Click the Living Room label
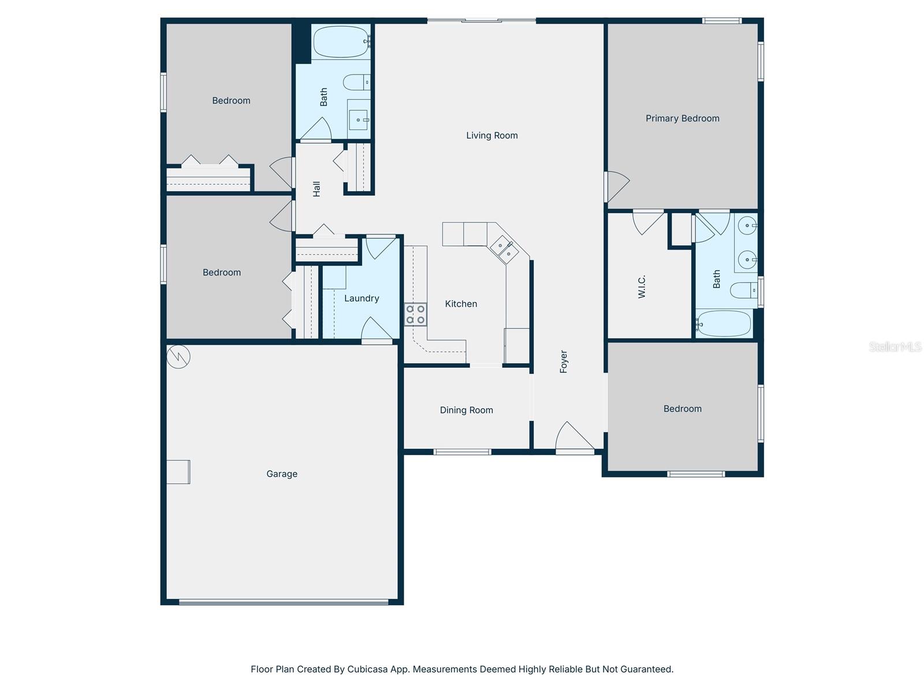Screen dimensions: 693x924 pyautogui.click(x=492, y=136)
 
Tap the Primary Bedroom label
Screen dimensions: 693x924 pyautogui.click(x=682, y=118)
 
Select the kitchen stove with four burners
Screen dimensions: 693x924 pyautogui.click(x=415, y=314)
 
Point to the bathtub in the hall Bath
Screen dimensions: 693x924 pyautogui.click(x=340, y=42)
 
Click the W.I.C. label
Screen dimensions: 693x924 pyautogui.click(x=642, y=286)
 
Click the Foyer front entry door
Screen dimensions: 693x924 pyautogui.click(x=574, y=439)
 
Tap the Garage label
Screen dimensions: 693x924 pyautogui.click(x=282, y=474)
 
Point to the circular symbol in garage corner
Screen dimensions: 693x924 pyautogui.click(x=178, y=356)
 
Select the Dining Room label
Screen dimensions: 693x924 pyautogui.click(x=466, y=410)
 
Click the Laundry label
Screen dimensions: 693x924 pyautogui.click(x=362, y=299)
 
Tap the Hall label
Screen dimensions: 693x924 pyautogui.click(x=316, y=189)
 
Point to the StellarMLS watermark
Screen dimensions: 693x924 pyautogui.click(x=895, y=346)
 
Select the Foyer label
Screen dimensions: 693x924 pyautogui.click(x=564, y=362)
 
